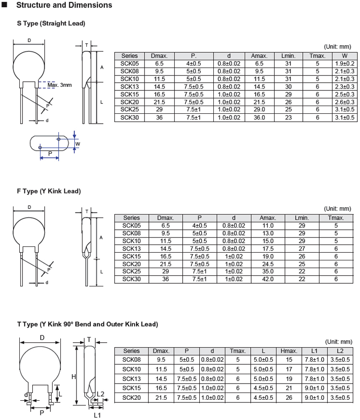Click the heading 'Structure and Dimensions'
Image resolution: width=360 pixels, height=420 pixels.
[x=64, y=5]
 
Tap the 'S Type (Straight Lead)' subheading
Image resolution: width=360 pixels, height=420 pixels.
[x=51, y=23]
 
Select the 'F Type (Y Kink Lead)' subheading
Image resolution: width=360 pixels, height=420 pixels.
[x=49, y=191]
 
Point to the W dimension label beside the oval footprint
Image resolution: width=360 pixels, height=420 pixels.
[x=78, y=144]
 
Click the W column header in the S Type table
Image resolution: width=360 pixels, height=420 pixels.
[x=345, y=56]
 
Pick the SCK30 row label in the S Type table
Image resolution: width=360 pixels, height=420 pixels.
[x=131, y=117]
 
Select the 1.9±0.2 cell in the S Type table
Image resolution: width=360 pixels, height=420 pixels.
[x=345, y=63]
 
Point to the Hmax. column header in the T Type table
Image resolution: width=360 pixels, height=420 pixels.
[x=289, y=351]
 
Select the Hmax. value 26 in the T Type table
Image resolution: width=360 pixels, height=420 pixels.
[x=289, y=397]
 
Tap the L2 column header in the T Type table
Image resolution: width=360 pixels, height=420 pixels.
[x=340, y=351]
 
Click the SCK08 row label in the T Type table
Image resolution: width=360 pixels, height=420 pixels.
[x=131, y=359]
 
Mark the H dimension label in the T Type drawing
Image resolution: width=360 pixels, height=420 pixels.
[x=74, y=376]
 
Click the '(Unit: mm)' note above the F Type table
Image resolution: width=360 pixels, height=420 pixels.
[x=337, y=209]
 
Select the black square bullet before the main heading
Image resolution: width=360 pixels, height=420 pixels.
[x=5, y=5]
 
